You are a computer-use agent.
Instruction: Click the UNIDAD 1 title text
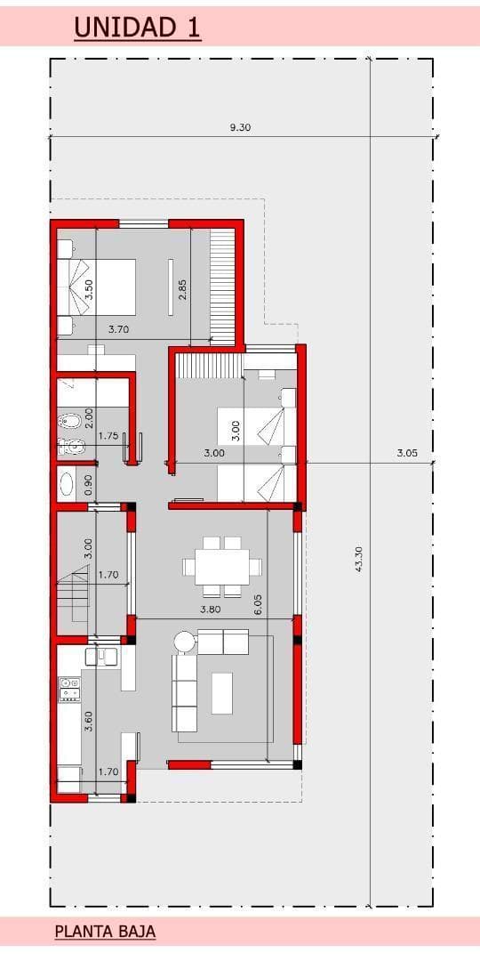tap(137, 28)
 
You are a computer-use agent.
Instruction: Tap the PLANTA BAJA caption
tap(105, 933)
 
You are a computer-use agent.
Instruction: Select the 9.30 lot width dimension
tap(241, 127)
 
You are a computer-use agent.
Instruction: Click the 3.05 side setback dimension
tap(407, 454)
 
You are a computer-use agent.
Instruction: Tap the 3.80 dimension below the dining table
tap(210, 610)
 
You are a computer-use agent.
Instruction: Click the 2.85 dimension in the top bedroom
tap(182, 288)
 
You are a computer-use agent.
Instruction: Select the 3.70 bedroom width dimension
tap(119, 329)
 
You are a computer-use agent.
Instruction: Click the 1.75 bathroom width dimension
tap(108, 436)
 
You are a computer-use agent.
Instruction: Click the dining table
tap(222, 566)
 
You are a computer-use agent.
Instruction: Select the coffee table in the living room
tap(222, 693)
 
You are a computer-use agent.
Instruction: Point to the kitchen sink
tap(101, 657)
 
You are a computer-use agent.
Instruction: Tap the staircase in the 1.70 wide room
tap(75, 594)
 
